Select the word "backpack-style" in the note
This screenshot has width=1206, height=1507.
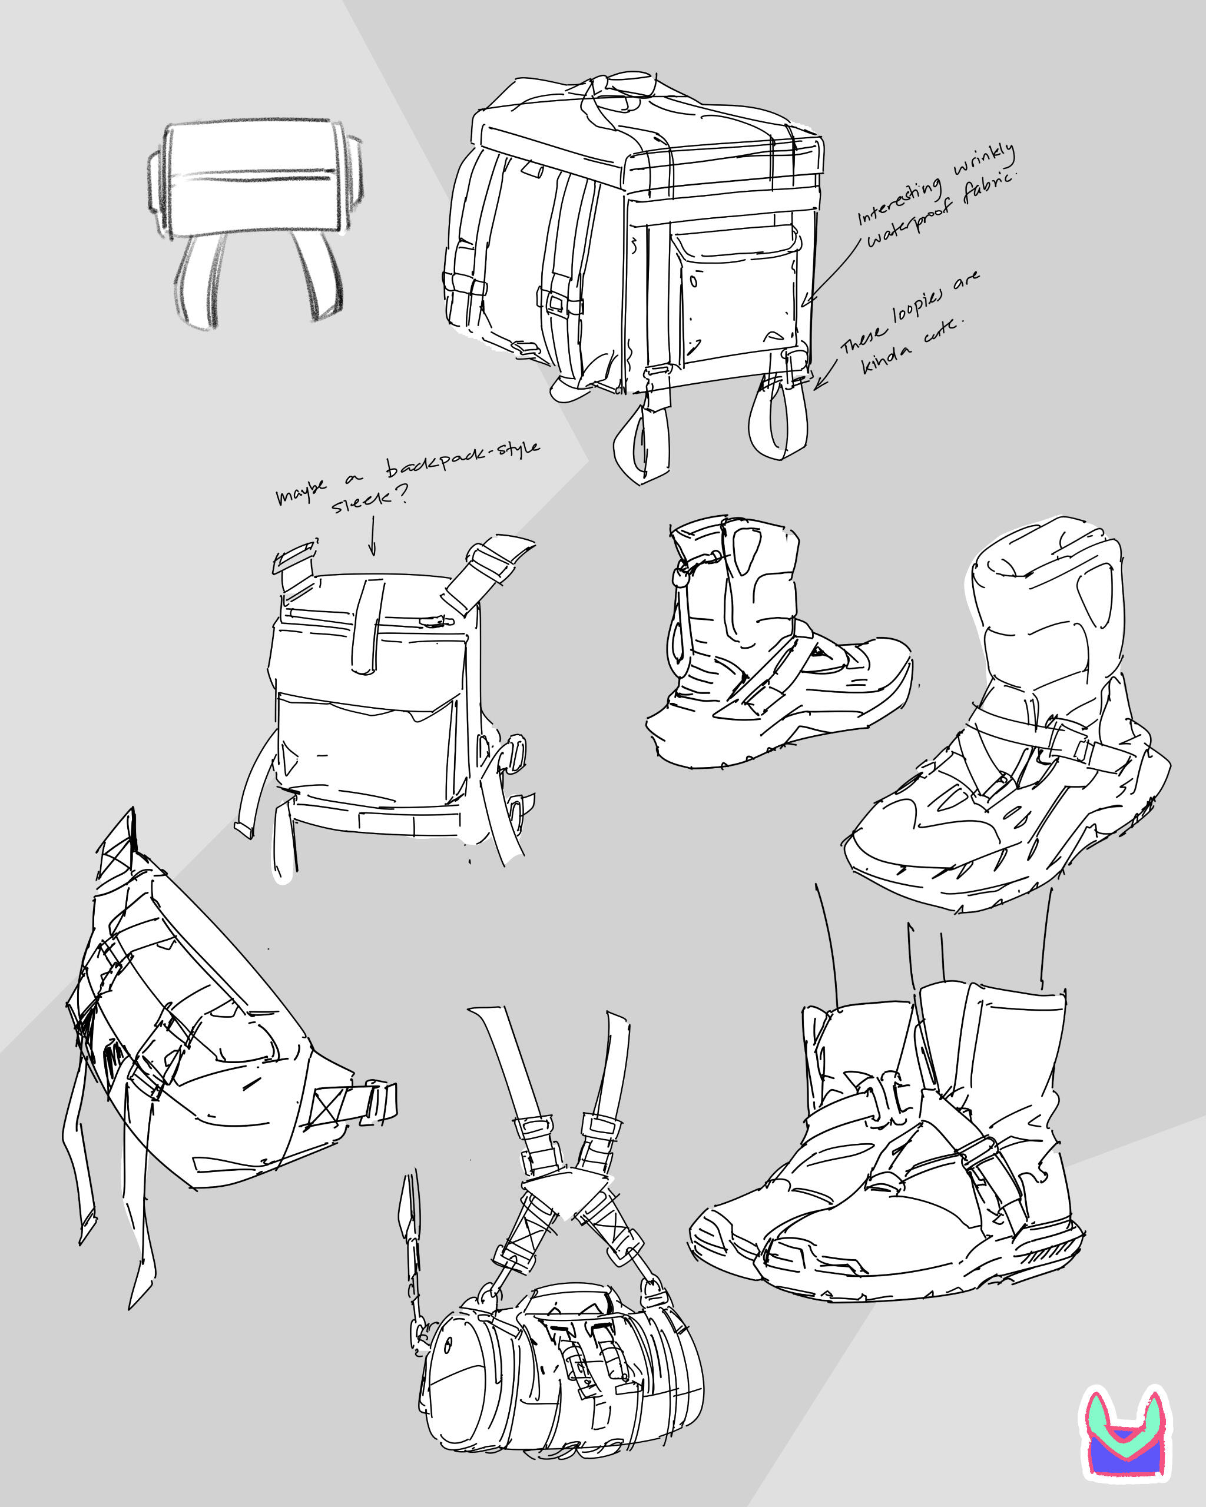pyautogui.click(x=462, y=458)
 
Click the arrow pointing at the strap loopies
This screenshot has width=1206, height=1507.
pyautogui.click(x=825, y=374)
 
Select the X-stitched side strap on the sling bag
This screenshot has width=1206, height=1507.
pyautogui.click(x=350, y=1105)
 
